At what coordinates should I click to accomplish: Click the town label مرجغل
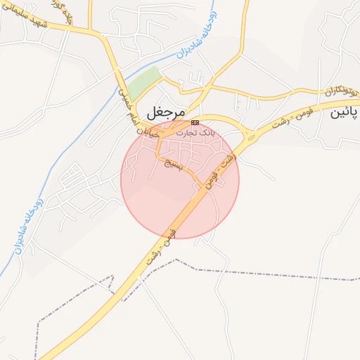click(166, 112)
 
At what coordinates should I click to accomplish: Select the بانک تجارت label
click(195, 132)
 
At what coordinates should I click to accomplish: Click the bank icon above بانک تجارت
click(195, 122)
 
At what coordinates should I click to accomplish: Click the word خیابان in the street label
click(145, 131)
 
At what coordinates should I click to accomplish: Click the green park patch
click(143, 84)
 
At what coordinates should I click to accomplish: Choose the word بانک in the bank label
click(205, 132)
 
